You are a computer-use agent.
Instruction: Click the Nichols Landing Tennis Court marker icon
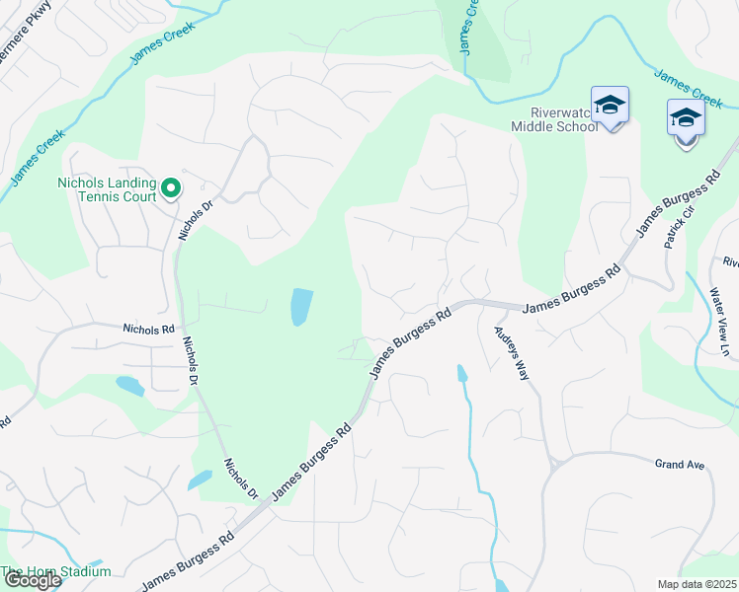(x=170, y=186)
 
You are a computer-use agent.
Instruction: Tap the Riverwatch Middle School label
(x=550, y=118)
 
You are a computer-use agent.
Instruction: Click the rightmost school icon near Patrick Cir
(x=686, y=120)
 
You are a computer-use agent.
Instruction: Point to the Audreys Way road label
(x=513, y=352)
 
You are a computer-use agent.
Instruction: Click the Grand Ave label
(x=681, y=463)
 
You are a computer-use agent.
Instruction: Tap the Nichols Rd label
(x=148, y=329)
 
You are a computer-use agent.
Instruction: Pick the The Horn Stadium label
(x=55, y=571)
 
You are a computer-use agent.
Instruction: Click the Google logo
(x=32, y=580)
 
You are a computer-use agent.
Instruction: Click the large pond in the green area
(x=301, y=307)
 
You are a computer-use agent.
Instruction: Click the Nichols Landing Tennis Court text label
(x=107, y=189)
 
